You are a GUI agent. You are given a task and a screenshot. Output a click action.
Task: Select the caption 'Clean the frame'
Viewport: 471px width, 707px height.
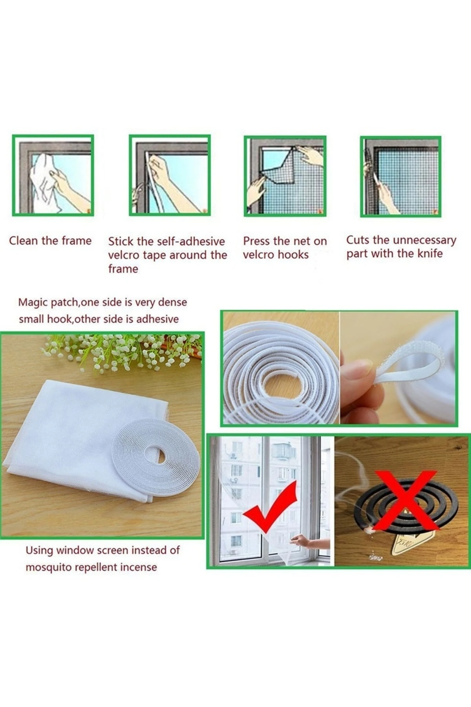[50, 240]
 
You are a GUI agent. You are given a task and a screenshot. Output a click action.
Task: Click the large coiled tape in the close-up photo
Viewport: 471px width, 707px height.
[279, 377]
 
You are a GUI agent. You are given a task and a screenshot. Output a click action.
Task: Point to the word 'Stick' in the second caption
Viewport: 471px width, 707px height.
[120, 241]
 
